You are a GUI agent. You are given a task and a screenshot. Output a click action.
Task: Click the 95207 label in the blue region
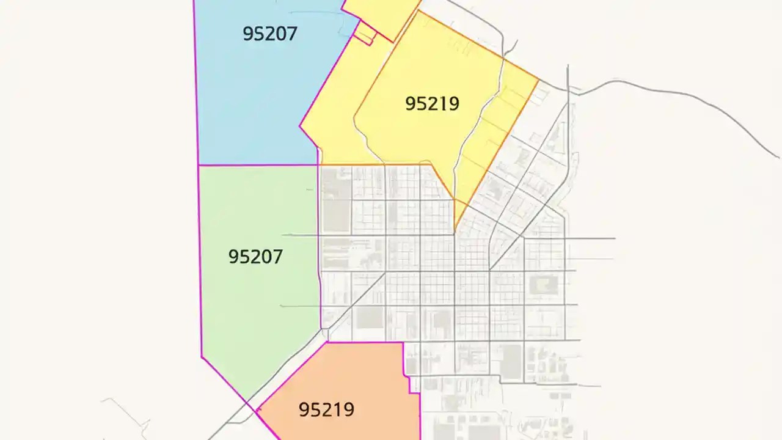(x=269, y=33)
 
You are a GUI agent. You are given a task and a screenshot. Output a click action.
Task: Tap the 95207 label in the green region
(x=255, y=256)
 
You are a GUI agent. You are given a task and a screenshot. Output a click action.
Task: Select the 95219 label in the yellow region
(x=432, y=103)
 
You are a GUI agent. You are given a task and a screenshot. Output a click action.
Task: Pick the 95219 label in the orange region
(x=326, y=409)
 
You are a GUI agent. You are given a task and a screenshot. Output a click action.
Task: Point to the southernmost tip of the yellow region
(x=455, y=232)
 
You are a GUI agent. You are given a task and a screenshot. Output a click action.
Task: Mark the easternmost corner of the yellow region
(x=538, y=79)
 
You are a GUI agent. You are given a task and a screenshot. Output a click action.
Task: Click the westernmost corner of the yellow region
(x=300, y=127)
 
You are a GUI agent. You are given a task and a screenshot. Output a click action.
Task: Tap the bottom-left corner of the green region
(x=202, y=358)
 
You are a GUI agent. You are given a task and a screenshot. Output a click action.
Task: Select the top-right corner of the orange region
(x=403, y=343)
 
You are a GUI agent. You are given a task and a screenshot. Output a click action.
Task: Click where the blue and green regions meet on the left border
(x=199, y=165)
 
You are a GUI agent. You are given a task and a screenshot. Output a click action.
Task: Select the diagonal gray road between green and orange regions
(x=287, y=373)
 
